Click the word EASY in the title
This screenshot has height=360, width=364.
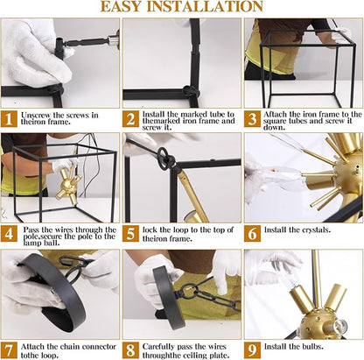click(x=122, y=6)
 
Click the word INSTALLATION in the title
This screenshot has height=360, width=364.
click(x=205, y=6)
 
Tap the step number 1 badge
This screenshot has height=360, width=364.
click(x=9, y=118)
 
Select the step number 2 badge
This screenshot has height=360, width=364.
click(x=130, y=118)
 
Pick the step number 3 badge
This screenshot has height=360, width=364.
click(x=252, y=118)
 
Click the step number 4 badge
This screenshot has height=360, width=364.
click(x=9, y=234)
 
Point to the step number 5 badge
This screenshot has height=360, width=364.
click(x=130, y=234)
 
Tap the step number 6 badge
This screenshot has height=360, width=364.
click(x=252, y=234)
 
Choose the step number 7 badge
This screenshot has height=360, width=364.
click(x=9, y=350)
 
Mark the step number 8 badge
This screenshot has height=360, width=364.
click(x=130, y=350)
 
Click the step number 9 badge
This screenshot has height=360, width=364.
click(x=252, y=350)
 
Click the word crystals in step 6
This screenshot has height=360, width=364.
click(x=316, y=230)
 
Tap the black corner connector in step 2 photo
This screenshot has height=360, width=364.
click(x=192, y=93)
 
